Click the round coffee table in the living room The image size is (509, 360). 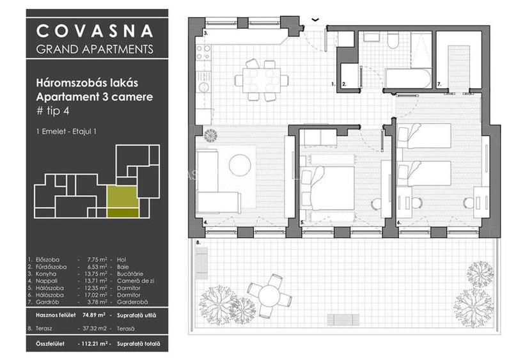(x=240, y=165)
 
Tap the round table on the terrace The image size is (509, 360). (x=268, y=295)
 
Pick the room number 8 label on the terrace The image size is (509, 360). (x=198, y=243)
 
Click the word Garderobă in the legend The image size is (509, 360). (x=132, y=302)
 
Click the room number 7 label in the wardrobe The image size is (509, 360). (x=439, y=84)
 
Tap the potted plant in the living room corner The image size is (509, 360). (x=210, y=135)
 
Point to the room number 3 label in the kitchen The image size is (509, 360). (x=206, y=31)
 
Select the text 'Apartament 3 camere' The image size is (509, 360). (x=95, y=97)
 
